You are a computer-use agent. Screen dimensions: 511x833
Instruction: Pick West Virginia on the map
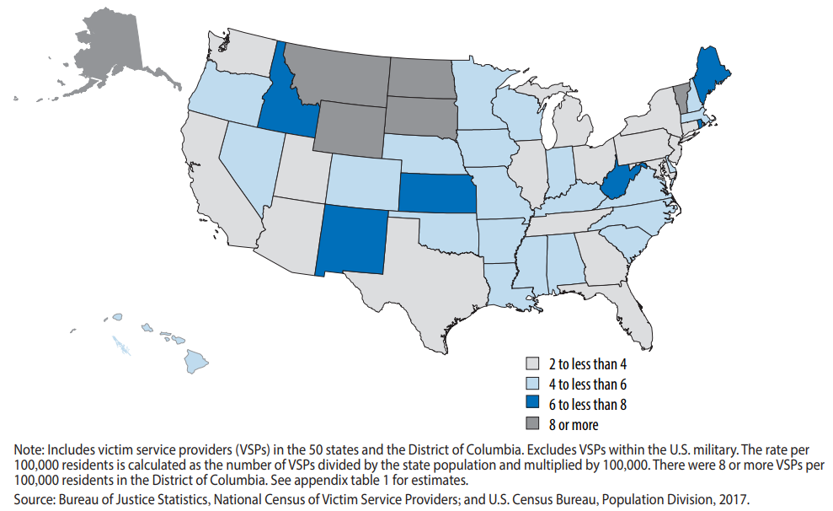622,180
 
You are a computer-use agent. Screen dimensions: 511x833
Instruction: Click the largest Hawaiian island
196,362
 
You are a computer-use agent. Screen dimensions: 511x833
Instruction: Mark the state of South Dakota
421,117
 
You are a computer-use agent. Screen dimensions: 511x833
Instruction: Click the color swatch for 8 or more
532,425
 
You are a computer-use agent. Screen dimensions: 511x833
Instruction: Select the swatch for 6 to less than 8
532,405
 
